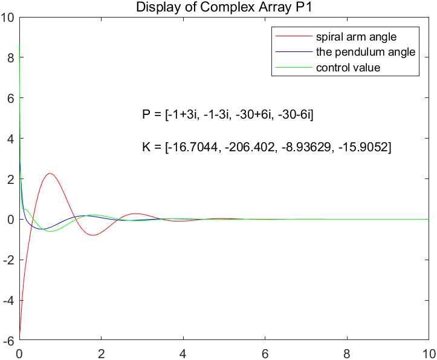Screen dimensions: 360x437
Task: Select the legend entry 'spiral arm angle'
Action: click(356, 37)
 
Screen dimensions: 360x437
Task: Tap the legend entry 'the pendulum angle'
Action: click(365, 52)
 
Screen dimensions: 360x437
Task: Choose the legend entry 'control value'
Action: click(348, 67)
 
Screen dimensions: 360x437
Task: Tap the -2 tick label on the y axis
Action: click(9, 260)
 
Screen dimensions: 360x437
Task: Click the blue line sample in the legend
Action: click(293, 37)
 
